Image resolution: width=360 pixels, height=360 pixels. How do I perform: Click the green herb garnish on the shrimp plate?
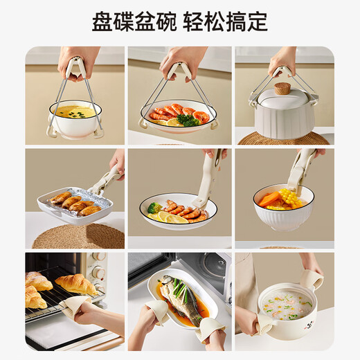187,120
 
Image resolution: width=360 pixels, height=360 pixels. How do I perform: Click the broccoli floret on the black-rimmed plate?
154,208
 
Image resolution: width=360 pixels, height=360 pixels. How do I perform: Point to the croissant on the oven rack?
75,283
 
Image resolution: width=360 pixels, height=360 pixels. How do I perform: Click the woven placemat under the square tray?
78,236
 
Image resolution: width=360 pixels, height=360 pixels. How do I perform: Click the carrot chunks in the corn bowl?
270,199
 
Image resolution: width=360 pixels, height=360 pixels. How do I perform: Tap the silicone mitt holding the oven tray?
74,306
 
